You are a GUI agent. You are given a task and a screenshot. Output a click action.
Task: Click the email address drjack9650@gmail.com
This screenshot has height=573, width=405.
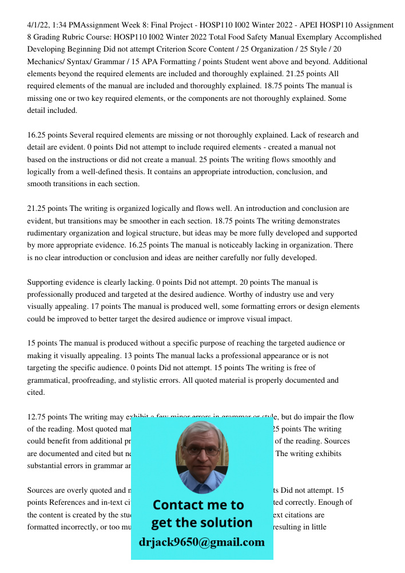click(x=202, y=542)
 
